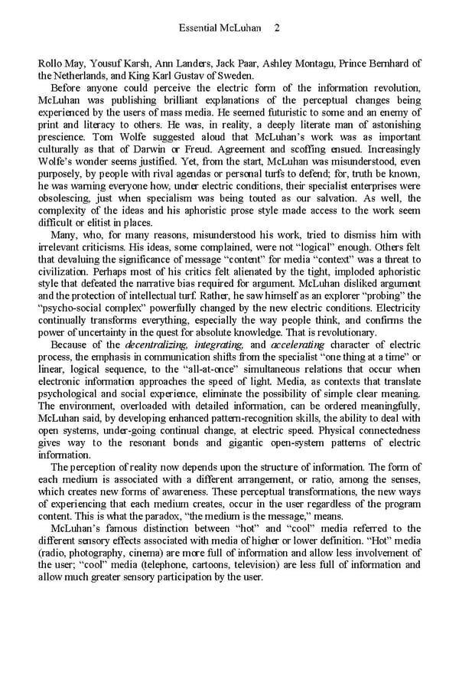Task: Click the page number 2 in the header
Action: coord(276,28)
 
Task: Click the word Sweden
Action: coord(233,75)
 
